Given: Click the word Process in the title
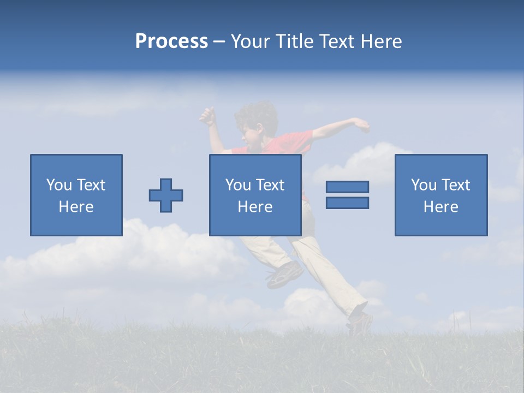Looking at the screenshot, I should tap(171, 41).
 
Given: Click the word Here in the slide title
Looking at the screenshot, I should tap(380, 41).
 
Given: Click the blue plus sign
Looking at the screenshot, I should tap(166, 195).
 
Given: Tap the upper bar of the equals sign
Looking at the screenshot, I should tap(347, 187).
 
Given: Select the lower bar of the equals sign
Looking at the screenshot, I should tap(347, 203).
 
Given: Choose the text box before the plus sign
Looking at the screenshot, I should tap(76, 195).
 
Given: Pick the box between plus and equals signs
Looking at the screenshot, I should tap(255, 195).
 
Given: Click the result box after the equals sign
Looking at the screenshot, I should tap(440, 195).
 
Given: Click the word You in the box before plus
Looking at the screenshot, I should tap(59, 185).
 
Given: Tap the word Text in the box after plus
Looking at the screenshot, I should tap(271, 185).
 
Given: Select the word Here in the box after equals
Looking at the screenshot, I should tap(440, 207).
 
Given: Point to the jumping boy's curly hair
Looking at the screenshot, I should tap(257, 113).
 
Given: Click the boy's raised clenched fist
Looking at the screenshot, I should tap(207, 116).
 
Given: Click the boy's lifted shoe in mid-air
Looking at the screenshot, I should tap(284, 274).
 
